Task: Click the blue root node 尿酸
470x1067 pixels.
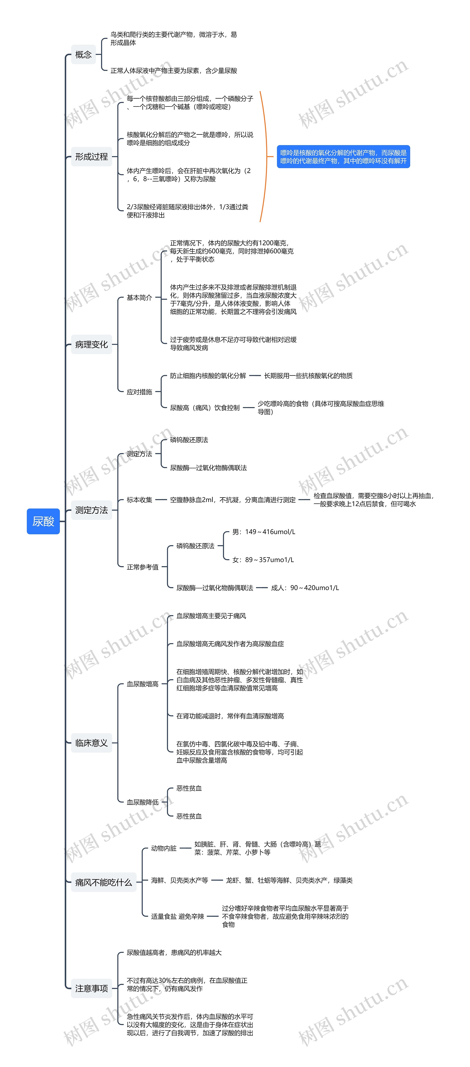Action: pos(43,521)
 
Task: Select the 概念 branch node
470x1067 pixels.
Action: pos(83,54)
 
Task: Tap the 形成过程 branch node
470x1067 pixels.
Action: pos(91,157)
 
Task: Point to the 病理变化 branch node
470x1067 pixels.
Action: pos(91,344)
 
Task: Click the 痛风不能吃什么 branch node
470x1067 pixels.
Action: pos(104,882)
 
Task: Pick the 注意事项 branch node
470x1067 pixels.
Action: pos(91,988)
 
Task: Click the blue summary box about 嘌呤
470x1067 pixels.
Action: pos(343,157)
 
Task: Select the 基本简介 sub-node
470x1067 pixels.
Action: pos(139,297)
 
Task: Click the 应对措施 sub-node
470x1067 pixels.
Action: pos(139,392)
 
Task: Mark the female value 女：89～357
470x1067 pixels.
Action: pos(263,560)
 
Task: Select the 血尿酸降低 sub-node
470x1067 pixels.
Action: pos(143,802)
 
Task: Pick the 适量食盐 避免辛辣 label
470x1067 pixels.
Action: pos(177,916)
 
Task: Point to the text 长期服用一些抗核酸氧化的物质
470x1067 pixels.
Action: pos(308,376)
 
